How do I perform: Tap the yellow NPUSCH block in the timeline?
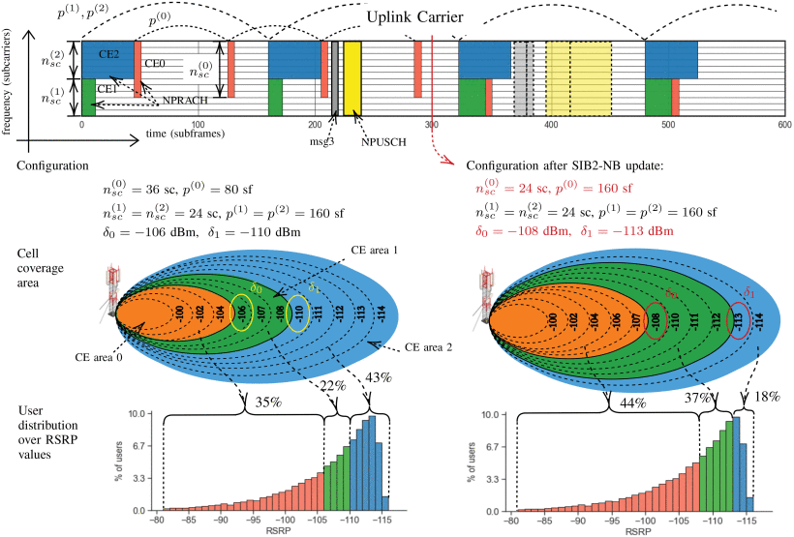pyautogui.click(x=352, y=79)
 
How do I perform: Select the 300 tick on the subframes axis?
pyautogui.click(x=432, y=126)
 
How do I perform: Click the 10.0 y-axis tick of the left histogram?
pyautogui.click(x=137, y=414)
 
